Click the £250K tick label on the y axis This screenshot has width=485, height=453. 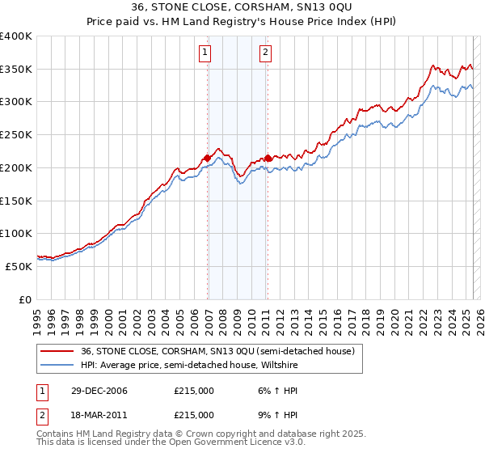tap(15, 135)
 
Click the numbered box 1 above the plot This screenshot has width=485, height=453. tap(205, 54)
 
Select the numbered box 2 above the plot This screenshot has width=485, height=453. tap(265, 54)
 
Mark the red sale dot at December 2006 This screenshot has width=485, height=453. tap(208, 158)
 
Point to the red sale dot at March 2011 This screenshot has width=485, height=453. tap(268, 158)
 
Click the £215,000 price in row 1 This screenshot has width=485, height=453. tap(193, 391)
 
